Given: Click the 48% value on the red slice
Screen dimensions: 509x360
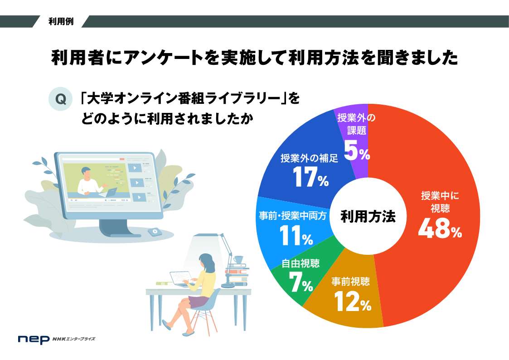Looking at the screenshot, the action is tap(440, 228).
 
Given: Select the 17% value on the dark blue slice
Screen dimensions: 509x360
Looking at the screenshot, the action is tap(310, 177).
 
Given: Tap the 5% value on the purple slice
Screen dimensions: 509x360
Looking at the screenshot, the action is tap(357, 151).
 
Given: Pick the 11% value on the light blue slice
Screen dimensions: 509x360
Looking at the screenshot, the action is tap(296, 235).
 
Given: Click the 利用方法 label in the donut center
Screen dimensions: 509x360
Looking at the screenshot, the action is tap(368, 217).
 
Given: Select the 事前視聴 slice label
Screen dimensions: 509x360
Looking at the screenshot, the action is tap(350, 282).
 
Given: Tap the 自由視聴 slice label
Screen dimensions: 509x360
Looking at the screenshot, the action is tap(301, 263).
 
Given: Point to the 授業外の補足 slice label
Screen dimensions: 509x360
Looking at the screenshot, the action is tap(310, 158).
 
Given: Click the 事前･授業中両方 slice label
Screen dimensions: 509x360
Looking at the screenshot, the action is tap(292, 215).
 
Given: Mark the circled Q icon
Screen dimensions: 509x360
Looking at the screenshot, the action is tap(60, 99).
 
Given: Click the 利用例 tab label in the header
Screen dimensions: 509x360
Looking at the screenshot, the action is tap(61, 21).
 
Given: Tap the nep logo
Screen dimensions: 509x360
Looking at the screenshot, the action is tap(34, 339).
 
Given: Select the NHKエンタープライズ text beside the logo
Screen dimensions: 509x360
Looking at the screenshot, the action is tap(74, 339).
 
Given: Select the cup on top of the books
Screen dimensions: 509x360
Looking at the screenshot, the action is tap(238, 259).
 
